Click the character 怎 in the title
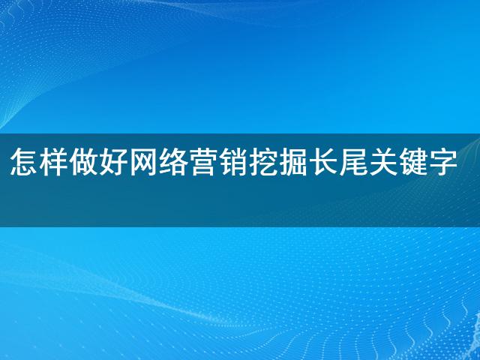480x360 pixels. (x=24, y=162)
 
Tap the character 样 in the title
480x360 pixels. (x=54, y=162)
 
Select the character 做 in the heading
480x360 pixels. (x=84, y=162)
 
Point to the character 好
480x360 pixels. (x=114, y=162)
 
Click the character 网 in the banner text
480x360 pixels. (x=144, y=162)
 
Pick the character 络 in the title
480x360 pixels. (x=174, y=162)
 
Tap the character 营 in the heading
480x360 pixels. (x=203, y=162)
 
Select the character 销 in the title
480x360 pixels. (x=233, y=162)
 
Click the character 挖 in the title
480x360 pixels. (x=263, y=162)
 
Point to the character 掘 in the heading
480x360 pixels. (x=293, y=162)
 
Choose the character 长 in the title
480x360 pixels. (x=323, y=162)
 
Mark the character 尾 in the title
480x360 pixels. (x=353, y=162)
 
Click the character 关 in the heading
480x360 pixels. (x=383, y=162)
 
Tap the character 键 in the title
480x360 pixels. (x=413, y=162)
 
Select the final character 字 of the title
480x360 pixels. (x=443, y=162)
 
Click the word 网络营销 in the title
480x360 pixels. (x=189, y=162)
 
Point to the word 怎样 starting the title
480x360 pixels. (x=39, y=162)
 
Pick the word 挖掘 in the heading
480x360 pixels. (x=278, y=162)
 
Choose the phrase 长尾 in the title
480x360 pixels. (x=338, y=162)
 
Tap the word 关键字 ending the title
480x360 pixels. (x=413, y=162)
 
